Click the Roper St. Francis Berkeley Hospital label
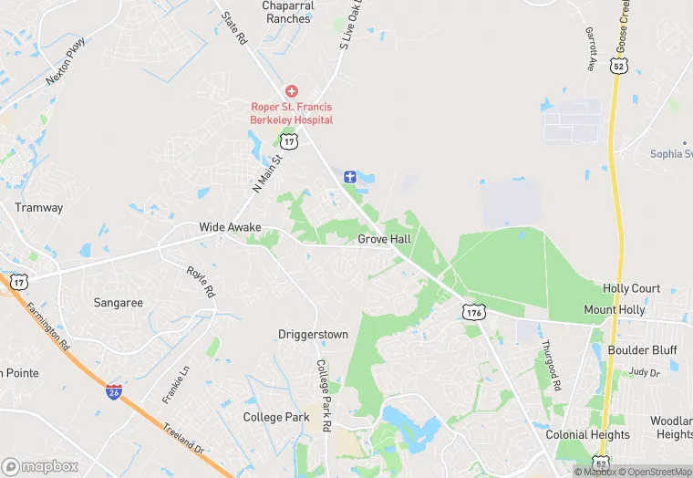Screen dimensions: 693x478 [x=292, y=113]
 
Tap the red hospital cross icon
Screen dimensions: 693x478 [x=292, y=91]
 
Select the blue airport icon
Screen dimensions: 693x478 [x=349, y=176]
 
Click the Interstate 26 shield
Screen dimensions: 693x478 [x=114, y=392]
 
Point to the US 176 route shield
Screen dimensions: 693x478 [x=472, y=313]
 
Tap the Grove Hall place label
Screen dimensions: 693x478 [x=384, y=239]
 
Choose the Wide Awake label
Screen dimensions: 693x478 [x=230, y=227]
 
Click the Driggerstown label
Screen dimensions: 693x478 [x=313, y=335]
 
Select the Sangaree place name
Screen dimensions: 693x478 [x=119, y=302]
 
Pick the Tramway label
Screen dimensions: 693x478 [x=39, y=208]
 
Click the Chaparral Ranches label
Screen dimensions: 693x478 [x=289, y=12]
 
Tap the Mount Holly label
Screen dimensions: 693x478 [x=614, y=310]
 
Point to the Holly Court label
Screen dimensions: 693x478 [x=631, y=288]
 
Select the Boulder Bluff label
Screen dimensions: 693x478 [x=641, y=350]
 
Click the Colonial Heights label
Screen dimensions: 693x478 [x=587, y=435]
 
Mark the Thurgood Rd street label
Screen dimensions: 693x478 [x=549, y=366]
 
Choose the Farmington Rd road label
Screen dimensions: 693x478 [x=47, y=327]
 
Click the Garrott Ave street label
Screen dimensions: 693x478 [x=589, y=48]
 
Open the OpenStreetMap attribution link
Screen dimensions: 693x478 [x=656, y=472]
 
